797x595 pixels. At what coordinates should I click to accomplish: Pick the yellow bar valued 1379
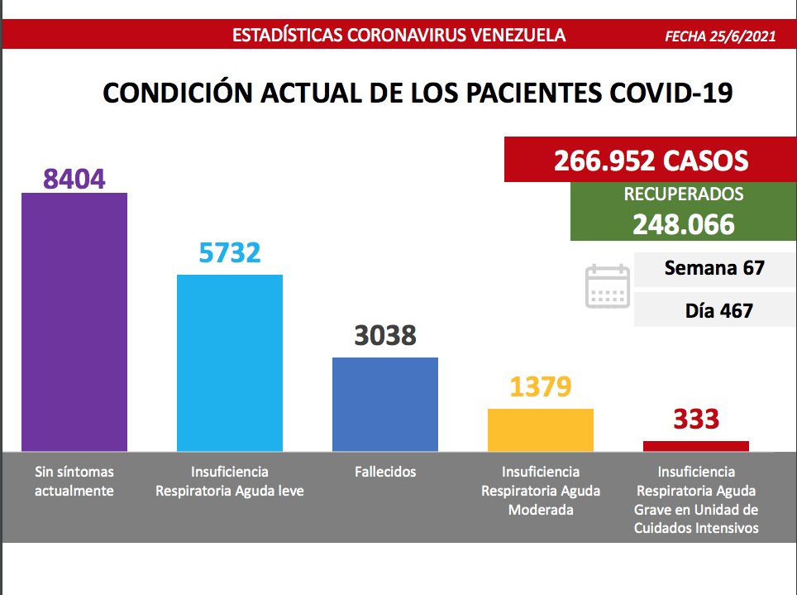point(541,429)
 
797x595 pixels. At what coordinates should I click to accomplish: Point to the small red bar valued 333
point(696,446)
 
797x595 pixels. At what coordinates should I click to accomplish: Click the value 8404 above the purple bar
point(74,178)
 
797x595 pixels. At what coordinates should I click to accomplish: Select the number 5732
point(230,252)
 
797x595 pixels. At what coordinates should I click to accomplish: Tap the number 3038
point(385,335)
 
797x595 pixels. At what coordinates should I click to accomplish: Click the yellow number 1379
point(541,386)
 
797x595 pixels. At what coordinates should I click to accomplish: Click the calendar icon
point(607,287)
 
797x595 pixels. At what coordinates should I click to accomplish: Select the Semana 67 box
point(714,268)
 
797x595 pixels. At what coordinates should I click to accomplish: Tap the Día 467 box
point(714,311)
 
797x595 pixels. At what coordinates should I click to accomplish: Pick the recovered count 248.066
point(684,223)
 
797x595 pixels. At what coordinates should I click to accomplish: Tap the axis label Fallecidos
point(385,473)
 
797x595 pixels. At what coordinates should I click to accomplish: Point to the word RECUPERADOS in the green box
point(684,195)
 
